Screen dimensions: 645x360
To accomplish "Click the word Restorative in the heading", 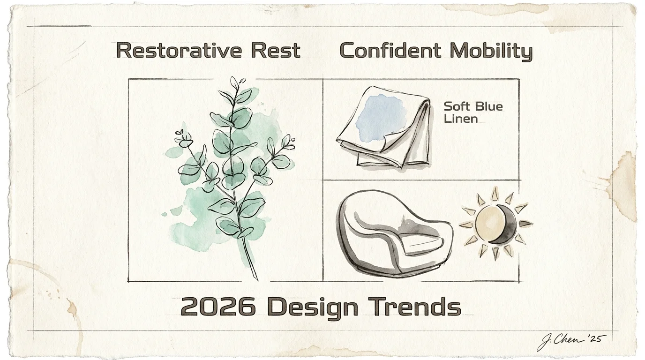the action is [x=179, y=51].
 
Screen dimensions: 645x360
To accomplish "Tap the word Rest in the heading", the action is [x=276, y=51].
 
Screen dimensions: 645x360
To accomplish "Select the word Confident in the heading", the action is [x=390, y=51].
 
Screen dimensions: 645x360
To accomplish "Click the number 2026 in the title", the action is [x=218, y=307].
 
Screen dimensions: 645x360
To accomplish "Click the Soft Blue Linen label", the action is [x=473, y=112].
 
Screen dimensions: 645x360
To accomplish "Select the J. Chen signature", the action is [x=561, y=342].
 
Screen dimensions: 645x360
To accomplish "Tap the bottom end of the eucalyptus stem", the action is [x=257, y=280].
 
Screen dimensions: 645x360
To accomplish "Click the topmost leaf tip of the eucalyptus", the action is [x=232, y=77].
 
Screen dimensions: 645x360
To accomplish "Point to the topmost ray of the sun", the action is [x=495, y=194].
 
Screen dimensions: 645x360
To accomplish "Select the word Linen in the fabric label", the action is [x=461, y=119].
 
